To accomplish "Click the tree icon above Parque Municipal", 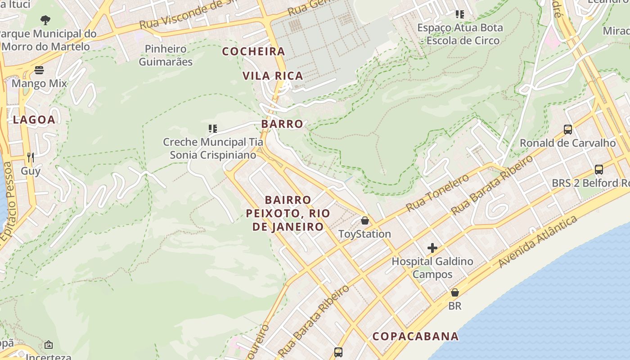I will [x=45, y=20].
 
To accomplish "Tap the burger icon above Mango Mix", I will [x=39, y=70].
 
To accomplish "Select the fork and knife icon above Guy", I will [x=31, y=157].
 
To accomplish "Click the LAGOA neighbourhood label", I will [x=34, y=120].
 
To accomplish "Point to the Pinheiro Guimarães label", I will [x=166, y=55].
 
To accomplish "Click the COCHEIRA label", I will [x=254, y=51].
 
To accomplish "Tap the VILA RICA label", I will [x=273, y=76].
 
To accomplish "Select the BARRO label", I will [x=282, y=124].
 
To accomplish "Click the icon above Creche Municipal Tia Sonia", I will [x=213, y=129].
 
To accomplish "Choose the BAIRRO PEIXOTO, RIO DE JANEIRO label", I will [x=288, y=213].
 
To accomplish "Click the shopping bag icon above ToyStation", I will [x=365, y=220].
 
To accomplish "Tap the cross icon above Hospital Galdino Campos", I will [x=432, y=248].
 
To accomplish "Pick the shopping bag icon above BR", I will [x=455, y=292].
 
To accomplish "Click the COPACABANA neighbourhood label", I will [x=416, y=336].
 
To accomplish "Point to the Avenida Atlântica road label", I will [x=538, y=242].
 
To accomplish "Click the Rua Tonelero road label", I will [x=437, y=193].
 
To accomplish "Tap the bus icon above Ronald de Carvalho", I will [x=568, y=130].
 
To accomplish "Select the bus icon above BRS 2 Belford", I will [x=599, y=170].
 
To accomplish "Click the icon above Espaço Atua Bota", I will [x=459, y=14].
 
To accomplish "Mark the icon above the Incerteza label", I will [x=49, y=345].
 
